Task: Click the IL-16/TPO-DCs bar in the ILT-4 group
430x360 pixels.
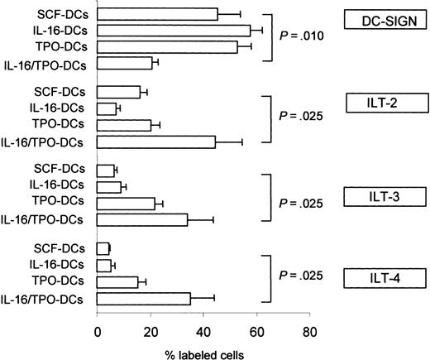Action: tap(144, 298)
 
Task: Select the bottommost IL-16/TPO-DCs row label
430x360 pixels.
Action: tap(48, 298)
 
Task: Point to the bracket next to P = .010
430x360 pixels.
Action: tap(269, 38)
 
